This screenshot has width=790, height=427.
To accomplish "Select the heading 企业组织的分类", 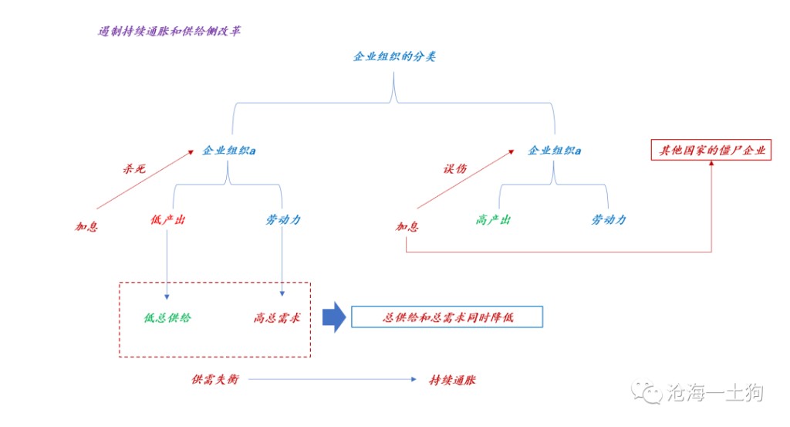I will [394, 56].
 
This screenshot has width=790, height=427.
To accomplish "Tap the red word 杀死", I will [133, 168].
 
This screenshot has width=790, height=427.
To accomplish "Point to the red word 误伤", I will [454, 168].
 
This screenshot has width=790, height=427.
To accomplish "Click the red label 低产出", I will [167, 220].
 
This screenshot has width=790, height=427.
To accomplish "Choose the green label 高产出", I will [494, 220].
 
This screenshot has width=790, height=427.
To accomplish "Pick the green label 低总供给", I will [167, 317].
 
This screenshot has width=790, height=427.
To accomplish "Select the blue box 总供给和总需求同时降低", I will [447, 317].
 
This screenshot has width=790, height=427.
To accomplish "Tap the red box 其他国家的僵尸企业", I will [710, 151].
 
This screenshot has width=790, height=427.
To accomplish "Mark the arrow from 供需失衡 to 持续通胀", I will [332, 380].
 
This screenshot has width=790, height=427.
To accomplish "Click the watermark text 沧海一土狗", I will [714, 392].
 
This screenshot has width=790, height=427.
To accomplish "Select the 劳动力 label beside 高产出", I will [609, 220].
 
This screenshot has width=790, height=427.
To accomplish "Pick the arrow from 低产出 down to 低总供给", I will [167, 263].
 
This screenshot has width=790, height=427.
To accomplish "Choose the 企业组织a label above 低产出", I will [229, 151].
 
